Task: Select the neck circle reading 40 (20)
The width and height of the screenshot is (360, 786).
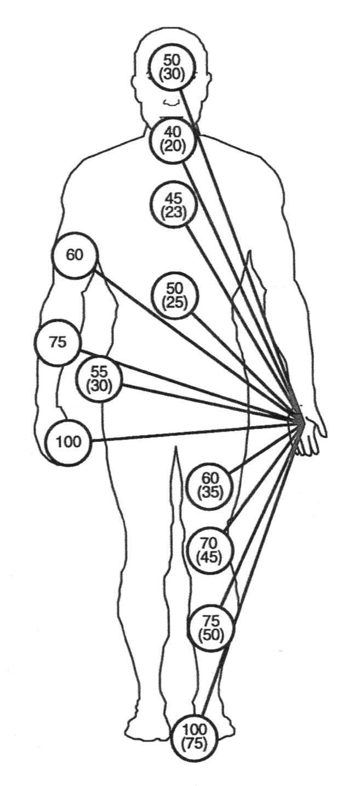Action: coord(172,140)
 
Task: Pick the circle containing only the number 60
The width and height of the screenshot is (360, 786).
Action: coord(75,256)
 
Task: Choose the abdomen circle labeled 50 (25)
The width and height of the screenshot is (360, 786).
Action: coord(174,295)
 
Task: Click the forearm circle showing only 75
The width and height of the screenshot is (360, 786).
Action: coord(58,343)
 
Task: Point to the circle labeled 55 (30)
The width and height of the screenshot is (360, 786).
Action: coord(99,378)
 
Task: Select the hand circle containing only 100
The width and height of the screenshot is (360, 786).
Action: coord(68,442)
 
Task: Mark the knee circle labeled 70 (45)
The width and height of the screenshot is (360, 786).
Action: coord(209,550)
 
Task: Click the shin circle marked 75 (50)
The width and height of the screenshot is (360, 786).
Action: coord(210,628)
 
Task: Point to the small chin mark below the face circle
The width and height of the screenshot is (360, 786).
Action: coord(172,102)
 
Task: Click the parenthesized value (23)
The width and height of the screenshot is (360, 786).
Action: coord(172,212)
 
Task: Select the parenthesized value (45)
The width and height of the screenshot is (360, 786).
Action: coord(209,557)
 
